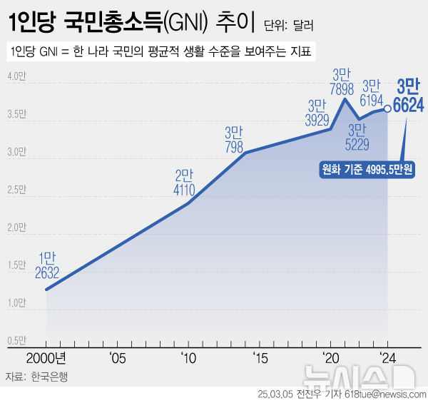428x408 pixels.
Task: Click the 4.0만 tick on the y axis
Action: coord(17,76)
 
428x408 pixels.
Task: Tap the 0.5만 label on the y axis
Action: coord(17,340)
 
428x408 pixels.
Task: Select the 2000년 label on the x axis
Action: coord(46,357)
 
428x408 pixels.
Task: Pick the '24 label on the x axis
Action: coord(387,357)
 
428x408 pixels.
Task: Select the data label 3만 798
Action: coord(234,140)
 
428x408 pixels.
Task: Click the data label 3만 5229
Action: coord(357,137)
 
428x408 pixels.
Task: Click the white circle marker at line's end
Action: coord(387,109)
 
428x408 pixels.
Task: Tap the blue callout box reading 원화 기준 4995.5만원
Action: coord(368,170)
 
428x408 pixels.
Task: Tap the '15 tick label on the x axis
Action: coord(259,357)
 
